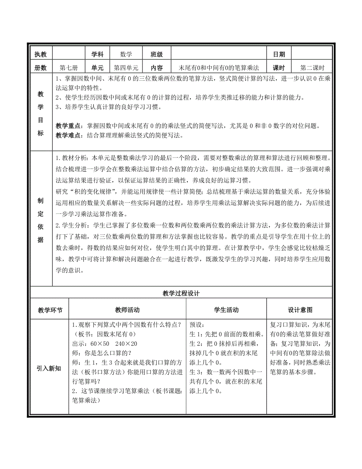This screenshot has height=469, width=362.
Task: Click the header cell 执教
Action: [41, 55]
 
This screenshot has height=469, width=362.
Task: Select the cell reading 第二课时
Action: [313, 68]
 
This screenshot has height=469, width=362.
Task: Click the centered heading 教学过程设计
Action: [181, 294]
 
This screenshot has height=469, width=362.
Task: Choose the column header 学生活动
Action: [226, 310]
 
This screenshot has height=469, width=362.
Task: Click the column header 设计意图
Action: [300, 310]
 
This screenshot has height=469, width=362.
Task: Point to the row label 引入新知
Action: [49, 369]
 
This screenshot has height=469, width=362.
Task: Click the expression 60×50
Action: [98, 343]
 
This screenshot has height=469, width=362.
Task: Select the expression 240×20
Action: [125, 343]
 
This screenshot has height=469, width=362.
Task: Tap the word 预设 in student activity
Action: [197, 325]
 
